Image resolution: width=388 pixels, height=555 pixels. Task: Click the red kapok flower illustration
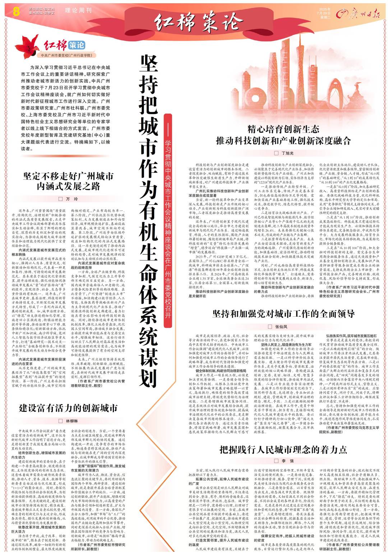click(27, 46)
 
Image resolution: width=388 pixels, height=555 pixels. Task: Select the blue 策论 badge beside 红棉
click(77, 45)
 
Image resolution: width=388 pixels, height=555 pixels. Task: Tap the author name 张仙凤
click(281, 327)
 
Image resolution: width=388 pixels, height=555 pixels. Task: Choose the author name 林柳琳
click(71, 421)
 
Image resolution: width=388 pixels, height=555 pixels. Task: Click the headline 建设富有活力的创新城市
click(68, 408)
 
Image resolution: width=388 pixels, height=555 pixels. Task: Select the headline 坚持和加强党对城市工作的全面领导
click(283, 314)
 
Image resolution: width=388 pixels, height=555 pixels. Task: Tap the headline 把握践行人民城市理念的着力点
click(283, 449)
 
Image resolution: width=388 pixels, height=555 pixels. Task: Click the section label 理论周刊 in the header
click(78, 10)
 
